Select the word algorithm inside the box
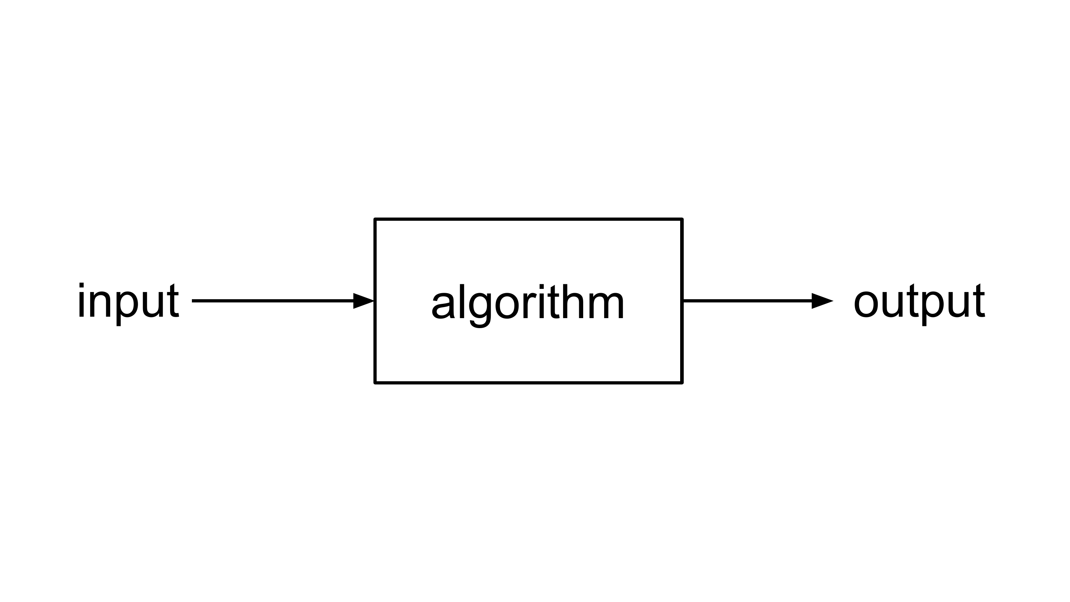[x=528, y=305]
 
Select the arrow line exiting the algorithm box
[x=758, y=301]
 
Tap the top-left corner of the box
[x=375, y=219]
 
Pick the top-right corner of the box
[x=682, y=219]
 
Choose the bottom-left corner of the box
[x=375, y=383]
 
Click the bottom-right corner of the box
[x=682, y=383]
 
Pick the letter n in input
[x=100, y=305]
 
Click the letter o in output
[x=866, y=305]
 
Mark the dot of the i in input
[x=81, y=285]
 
